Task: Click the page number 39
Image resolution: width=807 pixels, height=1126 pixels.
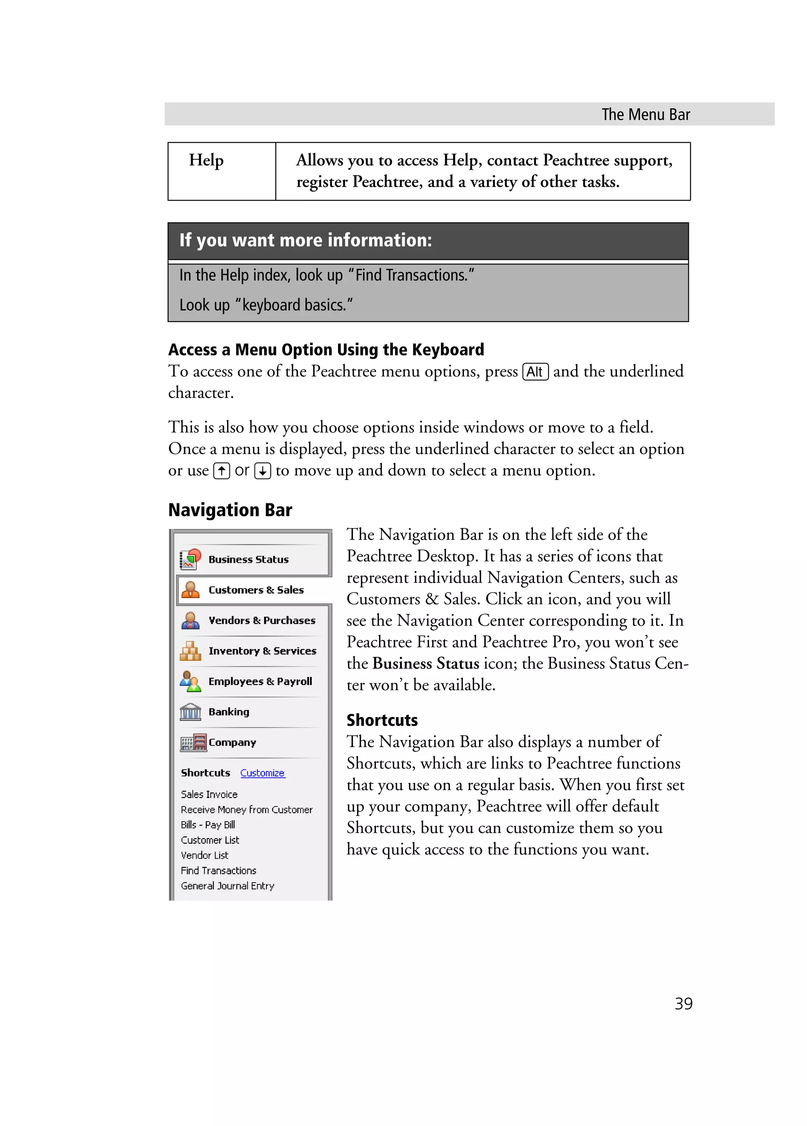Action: (683, 1004)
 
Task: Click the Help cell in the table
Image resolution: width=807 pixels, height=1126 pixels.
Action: (206, 160)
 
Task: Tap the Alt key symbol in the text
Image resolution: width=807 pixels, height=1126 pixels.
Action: (535, 372)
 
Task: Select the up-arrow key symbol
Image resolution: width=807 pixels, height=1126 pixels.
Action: (221, 470)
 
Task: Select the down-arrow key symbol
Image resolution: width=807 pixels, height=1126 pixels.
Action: (262, 470)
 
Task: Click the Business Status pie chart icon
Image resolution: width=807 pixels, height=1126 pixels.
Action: (190, 559)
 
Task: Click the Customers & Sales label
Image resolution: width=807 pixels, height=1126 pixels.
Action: (256, 590)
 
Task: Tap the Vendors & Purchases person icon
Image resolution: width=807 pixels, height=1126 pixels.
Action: (190, 620)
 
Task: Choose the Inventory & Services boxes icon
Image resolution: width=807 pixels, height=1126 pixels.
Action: (190, 651)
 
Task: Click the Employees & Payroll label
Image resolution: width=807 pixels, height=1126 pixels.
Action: (260, 681)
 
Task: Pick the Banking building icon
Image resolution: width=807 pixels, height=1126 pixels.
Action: (190, 712)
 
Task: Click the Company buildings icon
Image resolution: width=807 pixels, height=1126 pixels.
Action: (193, 742)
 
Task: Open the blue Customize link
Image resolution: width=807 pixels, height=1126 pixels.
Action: (262, 773)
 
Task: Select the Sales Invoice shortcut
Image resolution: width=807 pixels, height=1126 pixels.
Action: (209, 794)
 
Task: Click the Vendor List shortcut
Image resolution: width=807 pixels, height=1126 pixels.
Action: (205, 855)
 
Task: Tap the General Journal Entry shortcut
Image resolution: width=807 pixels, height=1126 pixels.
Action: (227, 886)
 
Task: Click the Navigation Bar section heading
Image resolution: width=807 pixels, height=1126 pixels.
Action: (230, 510)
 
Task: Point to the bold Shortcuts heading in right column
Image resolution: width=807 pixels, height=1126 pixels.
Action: (382, 720)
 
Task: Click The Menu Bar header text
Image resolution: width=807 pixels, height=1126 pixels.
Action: (645, 115)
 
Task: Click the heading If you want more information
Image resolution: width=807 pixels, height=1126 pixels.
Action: (305, 240)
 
